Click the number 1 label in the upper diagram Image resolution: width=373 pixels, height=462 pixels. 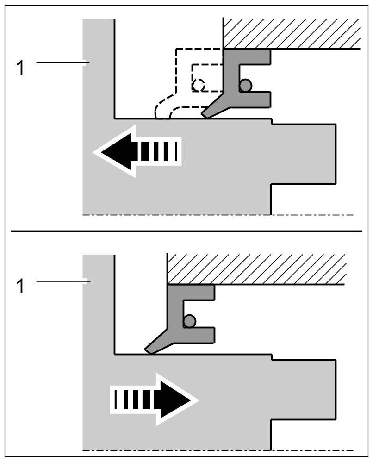[20, 68]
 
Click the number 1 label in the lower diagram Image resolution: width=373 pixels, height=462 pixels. [20, 286]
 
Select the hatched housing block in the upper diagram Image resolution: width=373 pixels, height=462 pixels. [292, 33]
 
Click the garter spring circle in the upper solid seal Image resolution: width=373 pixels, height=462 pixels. [245, 85]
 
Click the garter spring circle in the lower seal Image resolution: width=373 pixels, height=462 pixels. [189, 321]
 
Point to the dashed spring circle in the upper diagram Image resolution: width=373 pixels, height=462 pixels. [199, 85]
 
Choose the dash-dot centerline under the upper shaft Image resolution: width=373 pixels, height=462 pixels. [218, 215]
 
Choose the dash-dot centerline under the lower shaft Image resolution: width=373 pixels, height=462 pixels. [218, 450]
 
